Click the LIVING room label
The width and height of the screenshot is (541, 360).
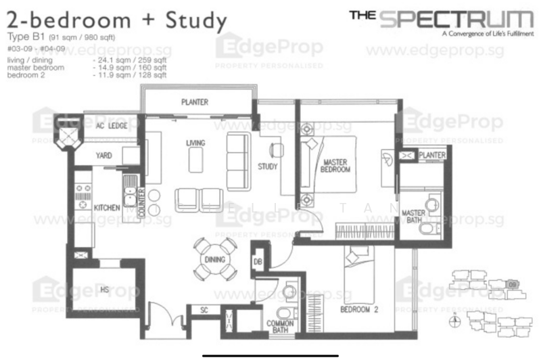[195, 143]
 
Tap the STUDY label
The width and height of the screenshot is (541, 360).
[268, 166]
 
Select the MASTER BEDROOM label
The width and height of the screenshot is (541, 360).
[336, 166]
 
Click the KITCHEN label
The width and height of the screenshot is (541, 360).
[106, 206]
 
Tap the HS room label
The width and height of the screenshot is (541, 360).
[105, 289]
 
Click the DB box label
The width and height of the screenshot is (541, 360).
[258, 261]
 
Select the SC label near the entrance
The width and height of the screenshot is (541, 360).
[204, 311]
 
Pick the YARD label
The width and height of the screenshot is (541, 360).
[103, 156]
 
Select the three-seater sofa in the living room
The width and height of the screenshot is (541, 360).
[237, 161]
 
